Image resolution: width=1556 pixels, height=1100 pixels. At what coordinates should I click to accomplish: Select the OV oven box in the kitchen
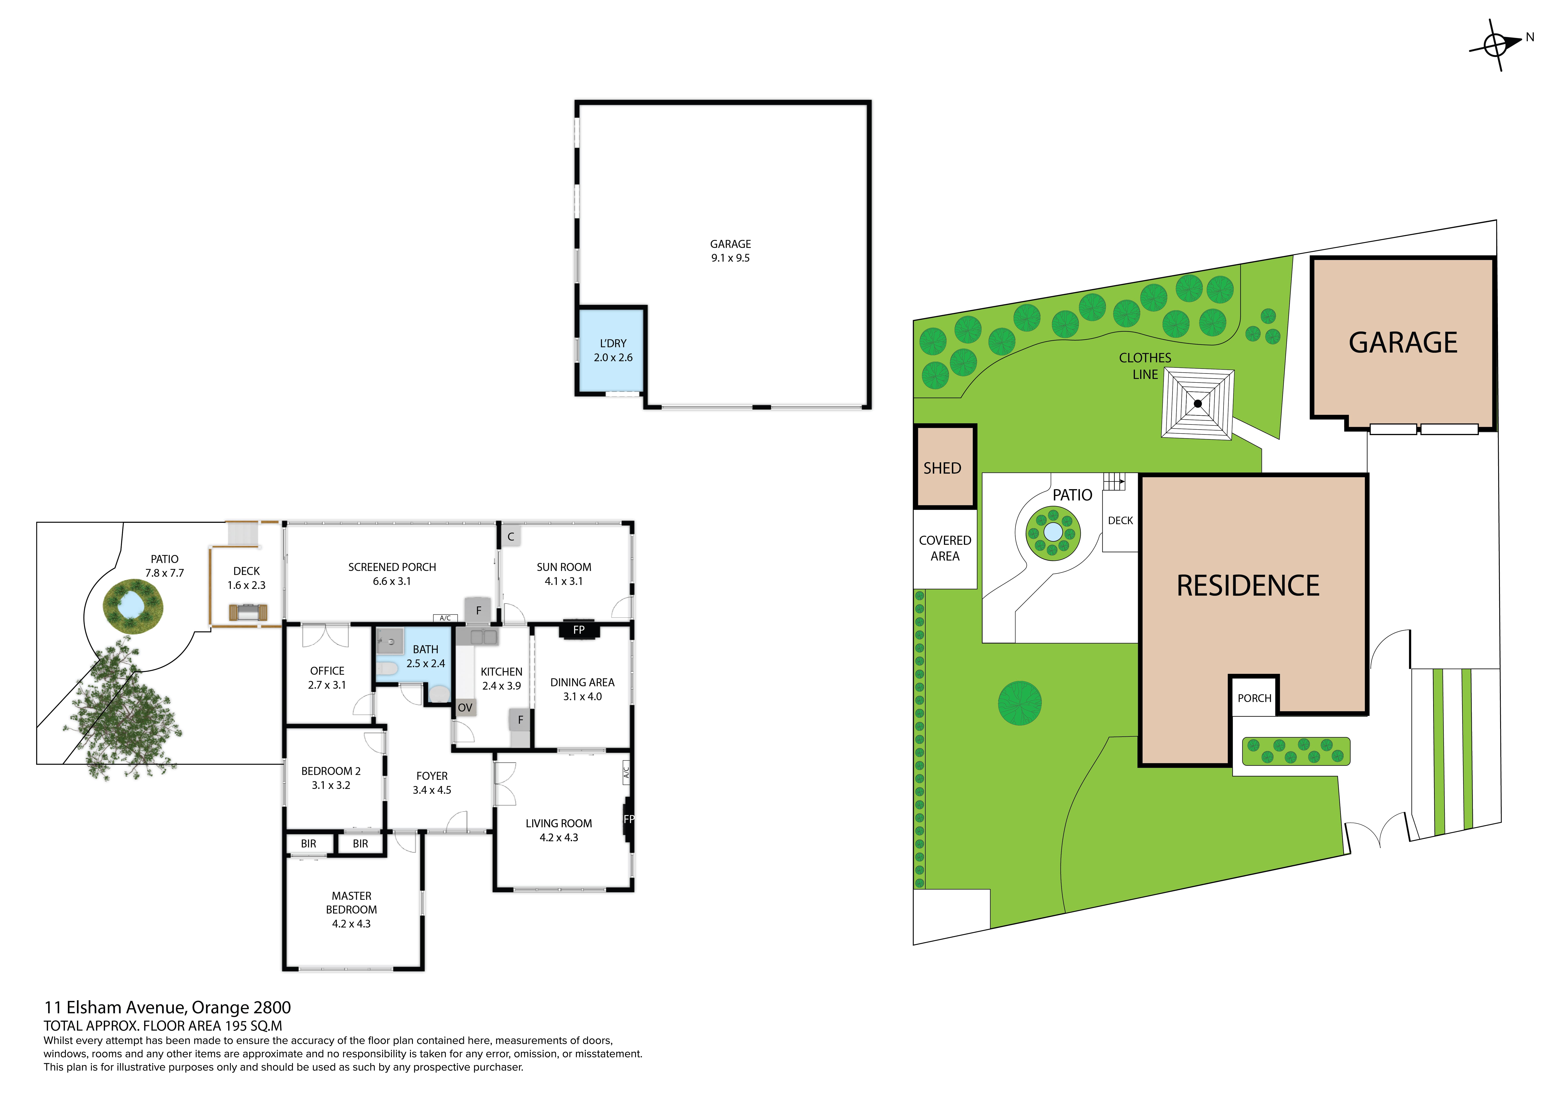(465, 708)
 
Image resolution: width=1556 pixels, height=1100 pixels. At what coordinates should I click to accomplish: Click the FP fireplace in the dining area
(579, 630)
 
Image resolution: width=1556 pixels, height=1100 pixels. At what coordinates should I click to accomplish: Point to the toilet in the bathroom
(386, 669)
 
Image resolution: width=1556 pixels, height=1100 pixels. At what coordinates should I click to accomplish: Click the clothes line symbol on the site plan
(1197, 404)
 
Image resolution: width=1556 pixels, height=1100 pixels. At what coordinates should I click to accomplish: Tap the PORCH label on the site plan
(1254, 698)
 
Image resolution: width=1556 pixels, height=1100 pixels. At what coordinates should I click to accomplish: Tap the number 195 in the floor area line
(237, 1026)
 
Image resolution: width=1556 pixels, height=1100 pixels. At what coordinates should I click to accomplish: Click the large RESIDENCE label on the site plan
(1248, 586)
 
